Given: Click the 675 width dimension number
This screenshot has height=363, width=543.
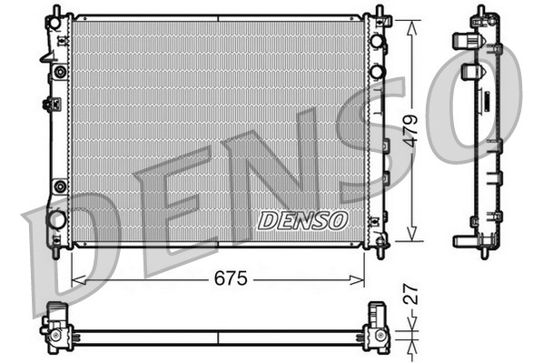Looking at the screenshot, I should (x=231, y=277).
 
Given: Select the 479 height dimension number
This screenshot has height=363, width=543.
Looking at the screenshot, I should (x=411, y=131).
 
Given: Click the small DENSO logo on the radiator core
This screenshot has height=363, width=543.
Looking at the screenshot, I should (x=302, y=220).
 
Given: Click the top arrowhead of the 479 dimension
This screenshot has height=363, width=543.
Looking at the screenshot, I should (x=412, y=19).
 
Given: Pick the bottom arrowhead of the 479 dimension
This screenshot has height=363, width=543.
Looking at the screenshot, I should (x=412, y=240).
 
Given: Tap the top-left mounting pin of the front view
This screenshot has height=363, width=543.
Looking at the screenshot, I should (x=57, y=12).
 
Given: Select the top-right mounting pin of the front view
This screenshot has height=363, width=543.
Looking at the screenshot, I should (x=378, y=12).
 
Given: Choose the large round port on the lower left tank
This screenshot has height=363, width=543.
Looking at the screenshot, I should (x=57, y=219).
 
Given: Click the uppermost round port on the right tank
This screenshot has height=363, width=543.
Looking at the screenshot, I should (x=377, y=43).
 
